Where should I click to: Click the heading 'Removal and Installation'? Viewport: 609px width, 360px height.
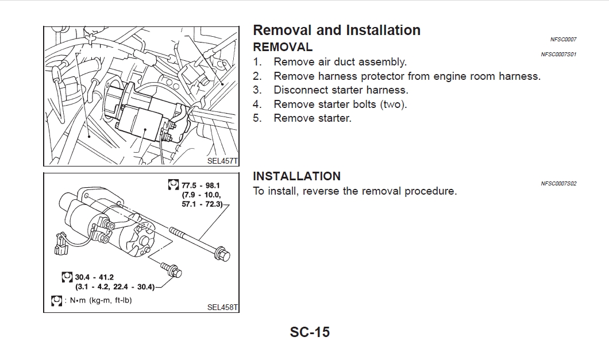click(336, 30)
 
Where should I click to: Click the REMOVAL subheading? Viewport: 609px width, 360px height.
click(283, 47)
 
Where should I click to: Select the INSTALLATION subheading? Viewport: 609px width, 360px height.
click(296, 176)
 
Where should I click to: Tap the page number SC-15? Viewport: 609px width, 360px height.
click(310, 332)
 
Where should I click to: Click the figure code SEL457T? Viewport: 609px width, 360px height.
click(222, 161)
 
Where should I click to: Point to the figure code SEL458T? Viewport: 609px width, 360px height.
click(222, 307)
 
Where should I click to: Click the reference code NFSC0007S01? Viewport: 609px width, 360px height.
click(558, 55)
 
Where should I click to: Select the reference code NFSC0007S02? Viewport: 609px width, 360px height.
click(558, 184)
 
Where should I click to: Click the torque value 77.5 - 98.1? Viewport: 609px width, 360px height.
click(201, 185)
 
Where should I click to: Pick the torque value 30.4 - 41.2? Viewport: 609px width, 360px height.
click(94, 277)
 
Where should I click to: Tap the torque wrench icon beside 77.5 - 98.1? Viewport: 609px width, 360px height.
click(174, 184)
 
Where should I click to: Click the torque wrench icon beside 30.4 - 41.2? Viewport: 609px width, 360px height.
click(67, 277)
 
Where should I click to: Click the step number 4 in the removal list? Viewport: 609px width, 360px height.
click(257, 104)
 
